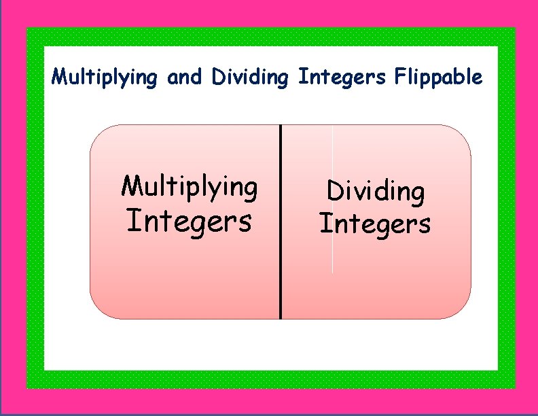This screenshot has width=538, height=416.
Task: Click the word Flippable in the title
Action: (x=438, y=77)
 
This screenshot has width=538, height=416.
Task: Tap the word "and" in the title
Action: (x=184, y=77)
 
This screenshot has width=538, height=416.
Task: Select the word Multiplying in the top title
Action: (x=104, y=77)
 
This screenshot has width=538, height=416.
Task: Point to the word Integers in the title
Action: (x=342, y=77)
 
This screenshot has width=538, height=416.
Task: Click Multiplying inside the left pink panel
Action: (x=189, y=186)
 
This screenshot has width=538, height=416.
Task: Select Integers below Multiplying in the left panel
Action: (x=189, y=221)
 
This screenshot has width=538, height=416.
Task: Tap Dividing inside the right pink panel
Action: (x=376, y=192)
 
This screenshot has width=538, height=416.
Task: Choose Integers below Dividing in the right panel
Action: (x=375, y=223)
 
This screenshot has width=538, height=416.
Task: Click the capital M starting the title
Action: (x=58, y=76)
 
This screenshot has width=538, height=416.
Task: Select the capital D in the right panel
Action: (x=334, y=191)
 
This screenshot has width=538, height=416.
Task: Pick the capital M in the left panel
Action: (x=130, y=185)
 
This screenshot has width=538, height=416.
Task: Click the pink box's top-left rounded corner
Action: (x=98, y=133)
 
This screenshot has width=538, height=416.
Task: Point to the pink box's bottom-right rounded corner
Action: (x=463, y=310)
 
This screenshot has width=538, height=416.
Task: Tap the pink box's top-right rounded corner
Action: (x=463, y=133)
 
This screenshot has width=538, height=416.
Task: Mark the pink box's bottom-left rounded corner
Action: (x=98, y=310)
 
